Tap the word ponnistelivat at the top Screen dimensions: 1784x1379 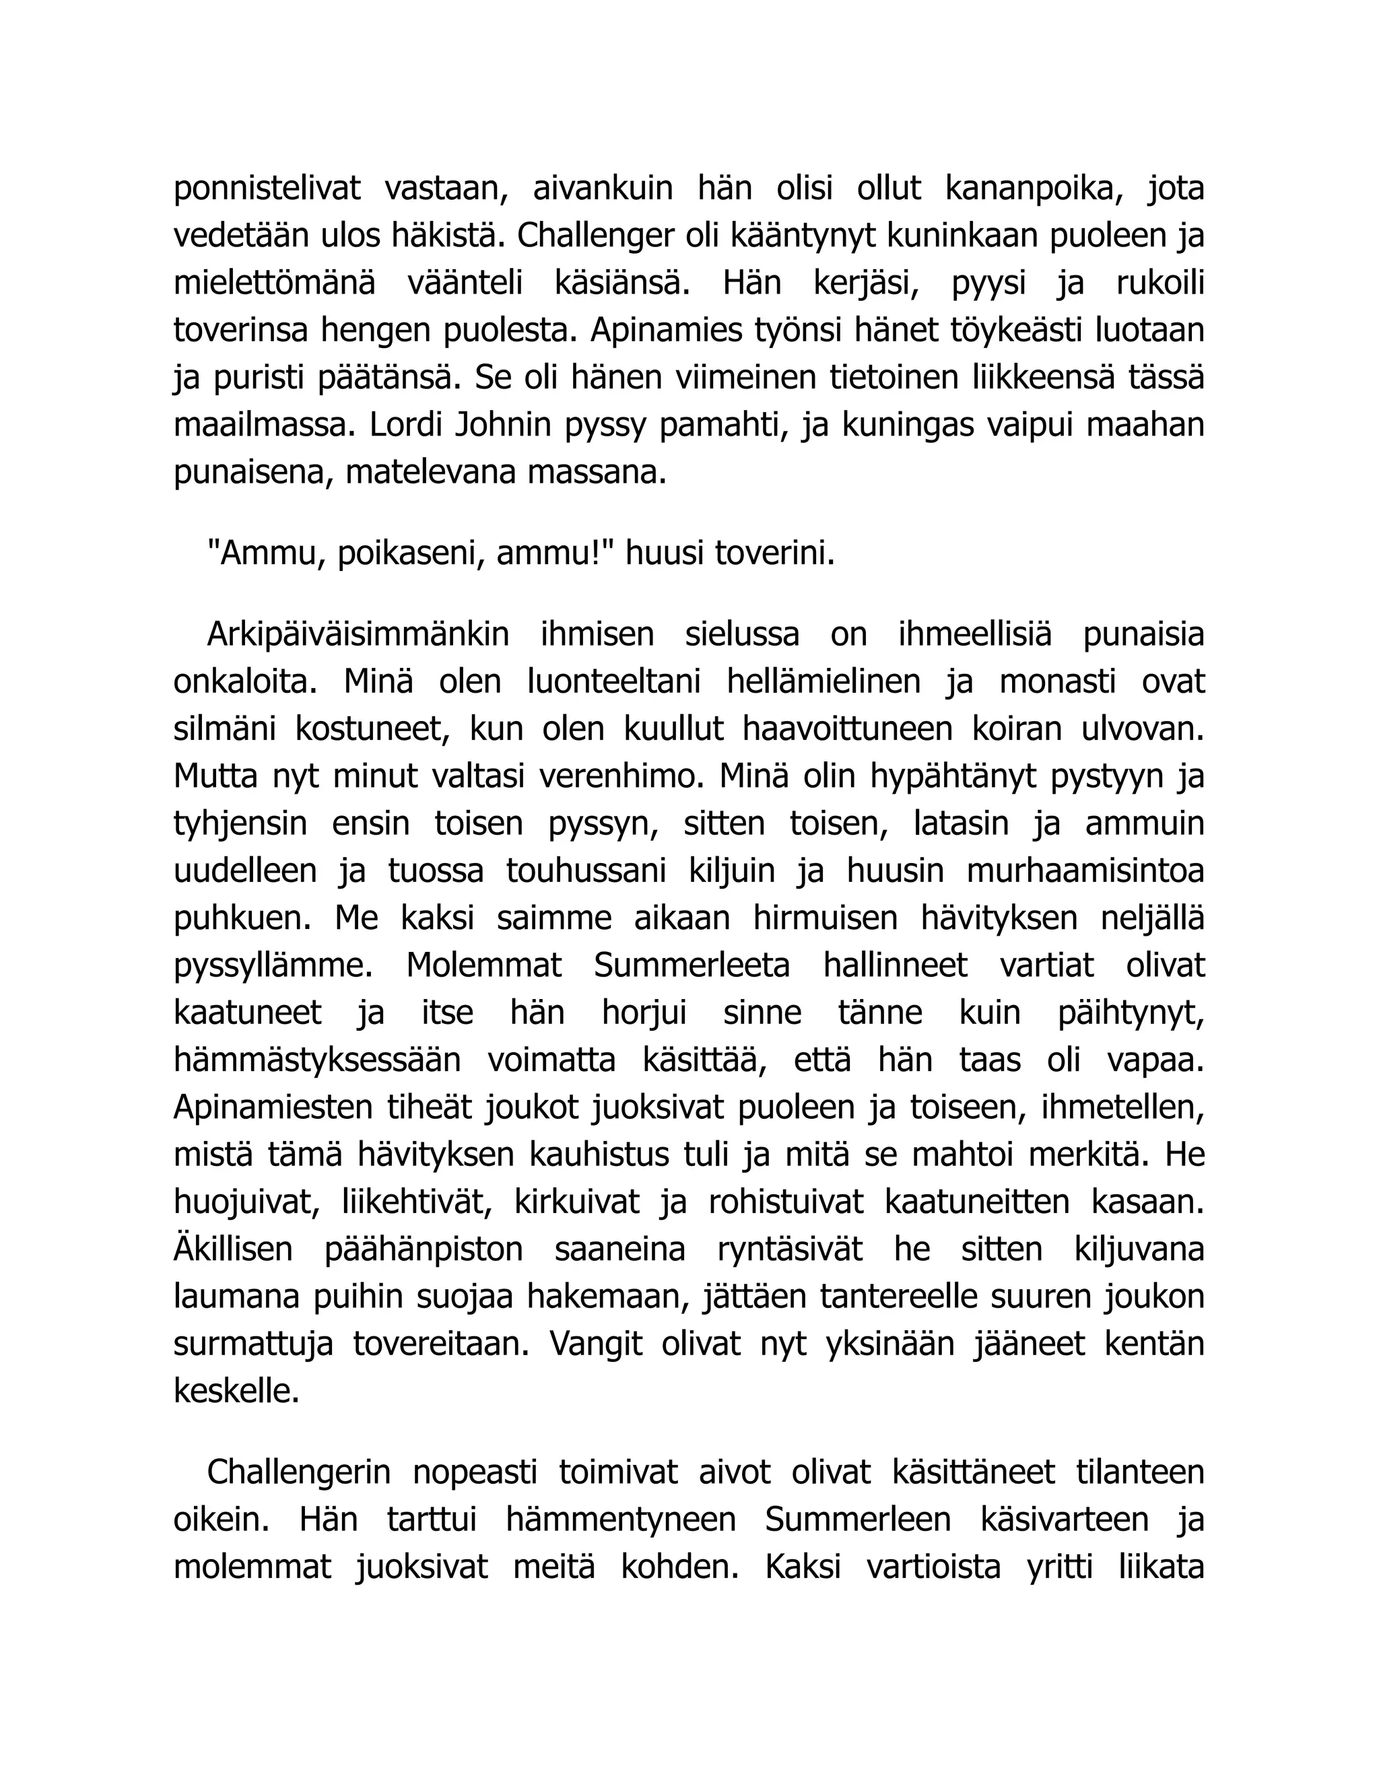point(267,188)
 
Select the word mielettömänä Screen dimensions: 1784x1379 point(275,283)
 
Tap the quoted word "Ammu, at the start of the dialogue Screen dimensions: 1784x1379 point(267,554)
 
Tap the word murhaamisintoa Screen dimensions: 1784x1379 point(1085,870)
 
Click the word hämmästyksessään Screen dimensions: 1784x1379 point(317,1060)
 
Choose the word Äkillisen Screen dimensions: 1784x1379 point(233,1249)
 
